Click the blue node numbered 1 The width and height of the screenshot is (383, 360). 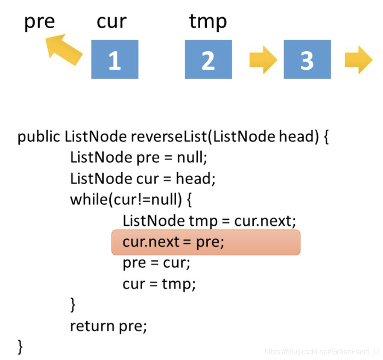tap(114, 60)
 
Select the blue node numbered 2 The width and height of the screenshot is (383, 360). tap(208, 60)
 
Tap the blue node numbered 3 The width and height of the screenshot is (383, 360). tap(307, 60)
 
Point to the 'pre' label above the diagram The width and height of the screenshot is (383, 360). tap(39, 22)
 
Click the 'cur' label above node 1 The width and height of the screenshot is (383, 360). tap(111, 22)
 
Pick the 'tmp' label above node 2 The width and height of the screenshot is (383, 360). tap(208, 22)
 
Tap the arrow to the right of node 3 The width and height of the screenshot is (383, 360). tap(359, 60)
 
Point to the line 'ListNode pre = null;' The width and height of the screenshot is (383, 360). tap(139, 158)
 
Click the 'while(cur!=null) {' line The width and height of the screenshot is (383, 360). tap(131, 199)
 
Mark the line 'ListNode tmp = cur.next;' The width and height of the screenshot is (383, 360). tap(209, 221)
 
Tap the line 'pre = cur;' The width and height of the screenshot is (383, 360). tap(156, 263)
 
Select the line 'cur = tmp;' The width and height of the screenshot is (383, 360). tap(159, 284)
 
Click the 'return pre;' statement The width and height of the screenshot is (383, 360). tap(108, 326)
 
